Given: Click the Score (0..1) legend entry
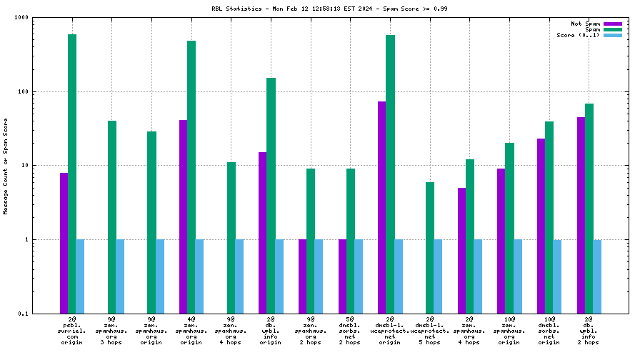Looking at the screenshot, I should click(x=579, y=35).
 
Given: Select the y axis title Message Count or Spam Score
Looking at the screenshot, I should click(x=6, y=166).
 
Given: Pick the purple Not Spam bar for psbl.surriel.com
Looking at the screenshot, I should click(x=64, y=243).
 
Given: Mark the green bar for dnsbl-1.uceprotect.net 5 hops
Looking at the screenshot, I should click(x=430, y=247).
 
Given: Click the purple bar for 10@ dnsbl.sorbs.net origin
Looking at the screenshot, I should click(x=541, y=226).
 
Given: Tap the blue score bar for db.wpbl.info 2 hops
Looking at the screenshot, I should click(x=597, y=276).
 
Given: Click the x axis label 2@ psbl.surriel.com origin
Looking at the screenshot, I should click(x=72, y=330).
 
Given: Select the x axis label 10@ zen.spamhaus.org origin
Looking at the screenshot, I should click(x=509, y=330).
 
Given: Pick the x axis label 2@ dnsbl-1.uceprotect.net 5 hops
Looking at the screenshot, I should click(x=430, y=330).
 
